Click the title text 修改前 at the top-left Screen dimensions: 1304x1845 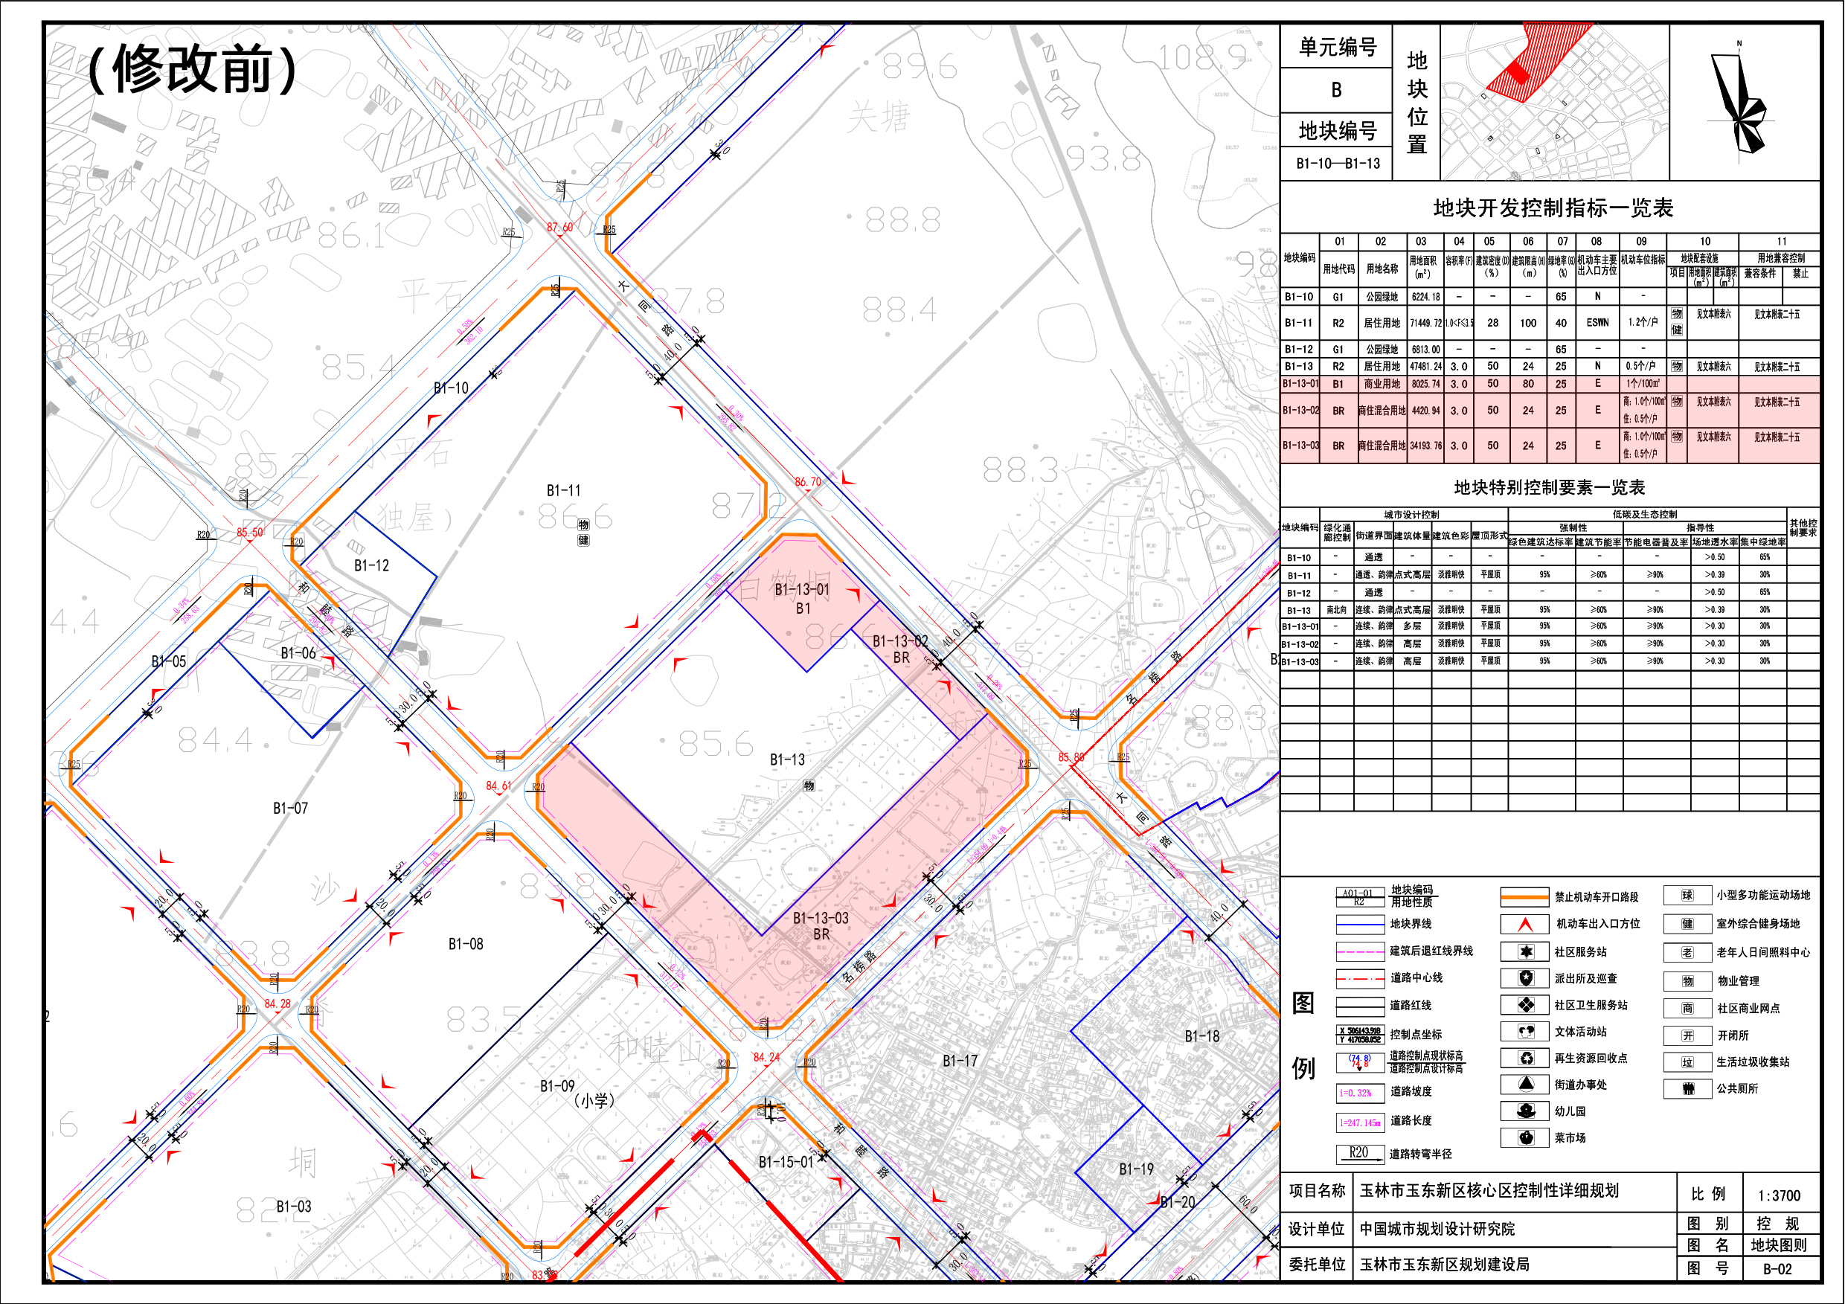pyautogui.click(x=193, y=69)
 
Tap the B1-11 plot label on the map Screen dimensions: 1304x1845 pyautogui.click(x=563, y=490)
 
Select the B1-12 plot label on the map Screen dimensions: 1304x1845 pyautogui.click(x=371, y=565)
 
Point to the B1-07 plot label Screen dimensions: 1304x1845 pyautogui.click(x=290, y=809)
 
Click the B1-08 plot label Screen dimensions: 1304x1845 pyautogui.click(x=466, y=944)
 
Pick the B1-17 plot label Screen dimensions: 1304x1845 pyautogui.click(x=960, y=1061)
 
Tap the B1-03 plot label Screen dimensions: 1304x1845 pyautogui.click(x=293, y=1207)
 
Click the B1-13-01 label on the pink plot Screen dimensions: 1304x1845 pyautogui.click(x=802, y=590)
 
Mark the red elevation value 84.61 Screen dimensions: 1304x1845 pyautogui.click(x=498, y=786)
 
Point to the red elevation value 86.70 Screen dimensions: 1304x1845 pyautogui.click(x=808, y=482)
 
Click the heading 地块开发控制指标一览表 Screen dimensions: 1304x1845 pyautogui.click(x=1553, y=209)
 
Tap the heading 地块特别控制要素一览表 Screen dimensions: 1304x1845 pyautogui.click(x=1550, y=488)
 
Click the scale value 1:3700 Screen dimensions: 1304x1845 pyautogui.click(x=1779, y=1195)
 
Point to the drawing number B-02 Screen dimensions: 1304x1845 pyautogui.click(x=1777, y=1270)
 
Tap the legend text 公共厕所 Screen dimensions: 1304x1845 pyautogui.click(x=1737, y=1089)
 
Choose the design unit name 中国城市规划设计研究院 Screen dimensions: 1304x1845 pyautogui.click(x=1437, y=1230)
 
